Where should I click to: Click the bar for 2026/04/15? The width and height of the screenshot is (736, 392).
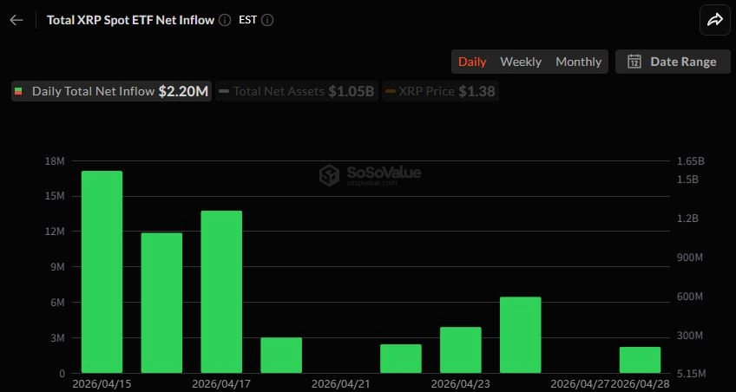coord(102,271)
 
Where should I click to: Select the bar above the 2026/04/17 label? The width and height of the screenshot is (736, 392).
coord(221,291)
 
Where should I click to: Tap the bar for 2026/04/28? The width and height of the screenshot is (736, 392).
coord(640,360)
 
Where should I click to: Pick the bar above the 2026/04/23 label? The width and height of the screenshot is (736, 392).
coord(460,350)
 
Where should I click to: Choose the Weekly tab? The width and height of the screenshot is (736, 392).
coord(521,62)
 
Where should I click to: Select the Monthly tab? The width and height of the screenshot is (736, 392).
coord(578,62)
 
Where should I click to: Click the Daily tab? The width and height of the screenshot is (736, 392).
coord(472,62)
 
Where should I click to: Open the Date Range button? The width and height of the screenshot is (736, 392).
coord(673,62)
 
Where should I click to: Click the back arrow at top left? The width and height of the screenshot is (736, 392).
coord(16,20)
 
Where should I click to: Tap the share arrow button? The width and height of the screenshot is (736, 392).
coord(715,20)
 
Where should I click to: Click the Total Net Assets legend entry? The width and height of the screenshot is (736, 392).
coord(296,91)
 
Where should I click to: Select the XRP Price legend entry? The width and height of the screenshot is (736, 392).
coord(440,91)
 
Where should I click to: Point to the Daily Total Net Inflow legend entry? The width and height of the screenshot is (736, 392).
coord(111,91)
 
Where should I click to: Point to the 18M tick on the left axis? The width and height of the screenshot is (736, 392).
coord(55,161)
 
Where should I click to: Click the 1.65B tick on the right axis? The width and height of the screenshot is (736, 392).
coord(690,161)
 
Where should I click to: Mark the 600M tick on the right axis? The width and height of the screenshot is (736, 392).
coord(689,297)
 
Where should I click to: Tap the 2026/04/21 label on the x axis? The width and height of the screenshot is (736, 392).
coord(340,382)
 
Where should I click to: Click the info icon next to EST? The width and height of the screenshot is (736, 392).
coord(267,20)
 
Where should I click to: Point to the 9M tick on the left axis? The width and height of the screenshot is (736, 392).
coord(57,267)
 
